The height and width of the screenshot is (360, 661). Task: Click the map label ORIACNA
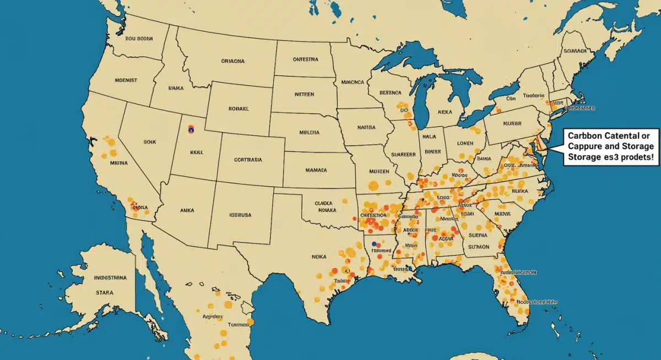coord(232,62)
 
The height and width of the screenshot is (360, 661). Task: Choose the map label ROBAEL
coord(239,109)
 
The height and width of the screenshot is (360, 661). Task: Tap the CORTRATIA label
coord(248,160)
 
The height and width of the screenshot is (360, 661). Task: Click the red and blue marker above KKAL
coord(191,129)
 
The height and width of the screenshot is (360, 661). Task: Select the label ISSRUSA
coord(240,215)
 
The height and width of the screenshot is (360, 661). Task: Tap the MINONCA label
coord(353,82)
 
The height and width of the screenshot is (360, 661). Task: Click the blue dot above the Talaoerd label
coord(374,243)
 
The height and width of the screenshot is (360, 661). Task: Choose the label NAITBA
coord(366,127)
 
